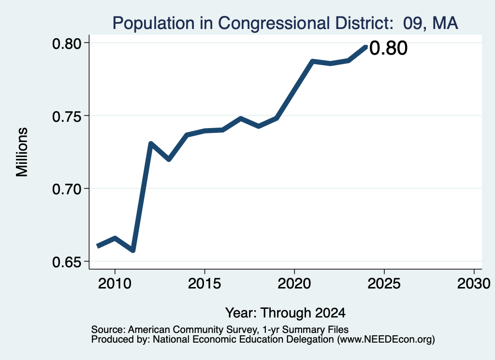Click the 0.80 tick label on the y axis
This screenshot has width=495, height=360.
[x=66, y=43]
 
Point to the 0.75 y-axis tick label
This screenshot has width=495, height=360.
[x=66, y=117]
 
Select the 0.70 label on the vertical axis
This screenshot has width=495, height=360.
[x=66, y=189]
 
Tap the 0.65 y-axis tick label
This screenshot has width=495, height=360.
[x=66, y=262]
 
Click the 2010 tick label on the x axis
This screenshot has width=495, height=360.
[x=115, y=283]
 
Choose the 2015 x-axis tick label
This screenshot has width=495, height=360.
[x=204, y=283]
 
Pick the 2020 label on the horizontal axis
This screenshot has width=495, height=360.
[x=294, y=283]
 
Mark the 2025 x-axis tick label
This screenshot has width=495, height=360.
[x=384, y=283]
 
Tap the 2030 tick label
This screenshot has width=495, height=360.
[x=474, y=283]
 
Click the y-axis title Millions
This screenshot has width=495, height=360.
[x=22, y=152]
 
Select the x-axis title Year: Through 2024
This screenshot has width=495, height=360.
[x=285, y=313]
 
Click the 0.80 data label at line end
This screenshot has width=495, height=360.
[x=388, y=48]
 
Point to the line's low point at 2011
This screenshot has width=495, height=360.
[x=133, y=251]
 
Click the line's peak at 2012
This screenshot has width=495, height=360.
[x=151, y=144]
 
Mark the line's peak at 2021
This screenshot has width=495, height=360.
[x=312, y=61]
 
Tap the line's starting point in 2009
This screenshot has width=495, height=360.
[x=97, y=246]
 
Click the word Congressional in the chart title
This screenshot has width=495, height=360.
[x=274, y=24]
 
